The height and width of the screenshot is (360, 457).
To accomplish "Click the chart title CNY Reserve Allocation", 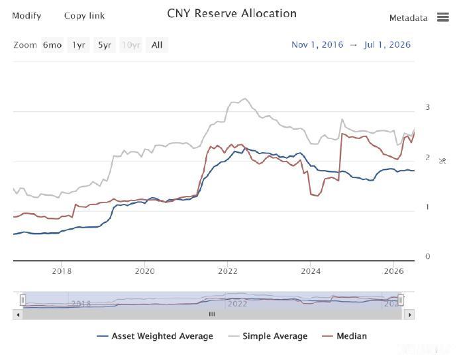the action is (x=232, y=14).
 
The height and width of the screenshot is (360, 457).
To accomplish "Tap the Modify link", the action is (x=26, y=16).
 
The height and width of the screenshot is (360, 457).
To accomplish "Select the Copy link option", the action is (x=84, y=16).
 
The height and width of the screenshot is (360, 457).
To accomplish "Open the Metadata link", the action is (x=409, y=18).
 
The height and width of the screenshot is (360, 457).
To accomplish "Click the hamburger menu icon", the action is (x=442, y=17).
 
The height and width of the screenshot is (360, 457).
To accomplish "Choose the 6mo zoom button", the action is (x=52, y=45).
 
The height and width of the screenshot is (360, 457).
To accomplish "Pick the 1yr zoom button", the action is (x=78, y=45).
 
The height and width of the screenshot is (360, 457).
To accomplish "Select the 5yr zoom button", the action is (x=105, y=45).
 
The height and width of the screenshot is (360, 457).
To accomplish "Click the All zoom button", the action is (x=157, y=45).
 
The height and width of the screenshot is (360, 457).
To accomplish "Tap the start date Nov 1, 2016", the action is (x=317, y=44).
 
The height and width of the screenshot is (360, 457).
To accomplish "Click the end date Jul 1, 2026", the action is (x=387, y=44).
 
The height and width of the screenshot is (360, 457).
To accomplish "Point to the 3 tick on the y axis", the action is (x=428, y=107).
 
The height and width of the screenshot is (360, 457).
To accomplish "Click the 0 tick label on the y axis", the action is (x=428, y=256).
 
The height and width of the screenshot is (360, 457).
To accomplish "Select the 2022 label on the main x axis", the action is (x=228, y=271).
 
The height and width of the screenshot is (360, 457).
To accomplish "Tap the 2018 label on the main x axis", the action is (x=62, y=271).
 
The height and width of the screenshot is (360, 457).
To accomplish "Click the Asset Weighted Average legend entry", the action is (x=155, y=336).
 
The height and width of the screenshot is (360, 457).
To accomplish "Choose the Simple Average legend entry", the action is (x=268, y=336).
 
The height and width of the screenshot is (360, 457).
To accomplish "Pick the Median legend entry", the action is (x=344, y=336).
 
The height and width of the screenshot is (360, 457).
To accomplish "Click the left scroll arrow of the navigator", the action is (x=18, y=314).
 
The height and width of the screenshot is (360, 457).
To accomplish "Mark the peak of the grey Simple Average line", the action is (x=245, y=99).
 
